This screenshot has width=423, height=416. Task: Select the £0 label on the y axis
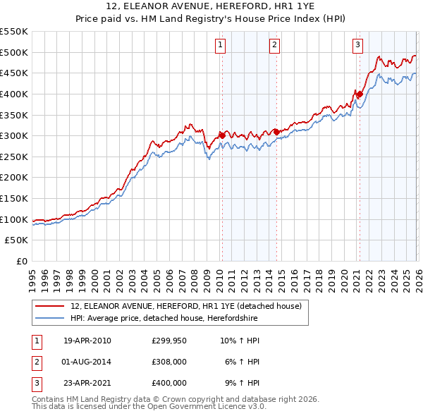(23, 262)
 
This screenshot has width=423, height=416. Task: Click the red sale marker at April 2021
(360, 94)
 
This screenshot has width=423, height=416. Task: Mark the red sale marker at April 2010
(222, 135)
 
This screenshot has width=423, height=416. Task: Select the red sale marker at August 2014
(276, 132)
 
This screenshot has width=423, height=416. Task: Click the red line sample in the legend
(49, 307)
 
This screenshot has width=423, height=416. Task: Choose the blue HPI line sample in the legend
(49, 318)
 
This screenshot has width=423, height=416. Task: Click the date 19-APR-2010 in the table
(87, 341)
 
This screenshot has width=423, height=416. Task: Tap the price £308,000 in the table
(168, 362)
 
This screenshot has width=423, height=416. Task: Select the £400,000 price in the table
(168, 383)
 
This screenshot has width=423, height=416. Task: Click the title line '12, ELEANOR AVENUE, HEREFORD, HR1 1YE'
(211, 8)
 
